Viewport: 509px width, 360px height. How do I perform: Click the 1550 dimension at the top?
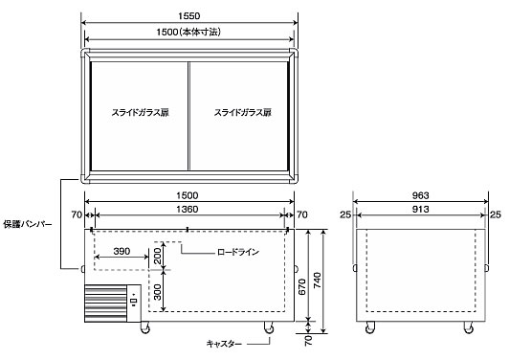point(188,16)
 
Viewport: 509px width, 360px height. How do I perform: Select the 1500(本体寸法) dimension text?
point(188,33)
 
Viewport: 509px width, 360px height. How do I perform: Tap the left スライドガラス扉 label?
point(140,112)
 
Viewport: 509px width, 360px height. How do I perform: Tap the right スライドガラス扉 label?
point(242,112)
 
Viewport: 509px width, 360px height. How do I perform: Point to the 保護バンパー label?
point(28,224)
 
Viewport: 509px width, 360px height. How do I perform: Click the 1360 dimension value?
point(188,210)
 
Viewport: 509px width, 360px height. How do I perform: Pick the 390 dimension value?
point(122,251)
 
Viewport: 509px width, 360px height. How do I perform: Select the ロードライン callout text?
point(238,252)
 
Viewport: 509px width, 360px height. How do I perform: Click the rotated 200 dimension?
point(157,256)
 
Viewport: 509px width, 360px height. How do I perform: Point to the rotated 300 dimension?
point(157,292)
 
